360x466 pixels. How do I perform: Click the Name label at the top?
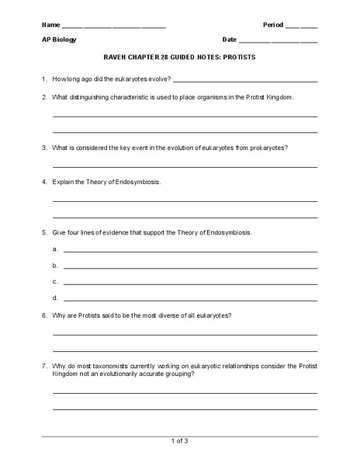coord(50,24)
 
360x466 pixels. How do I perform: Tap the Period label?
coord(274,24)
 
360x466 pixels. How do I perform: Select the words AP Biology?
coord(59,39)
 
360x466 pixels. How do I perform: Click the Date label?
coord(230,39)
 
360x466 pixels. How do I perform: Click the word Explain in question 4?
coord(64,182)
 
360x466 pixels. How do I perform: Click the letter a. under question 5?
coord(55,249)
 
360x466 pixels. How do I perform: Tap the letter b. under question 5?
coord(55,266)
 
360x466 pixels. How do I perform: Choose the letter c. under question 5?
coord(55,282)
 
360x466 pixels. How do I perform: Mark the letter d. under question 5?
coord(55,298)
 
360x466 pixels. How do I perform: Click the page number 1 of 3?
coord(180,441)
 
